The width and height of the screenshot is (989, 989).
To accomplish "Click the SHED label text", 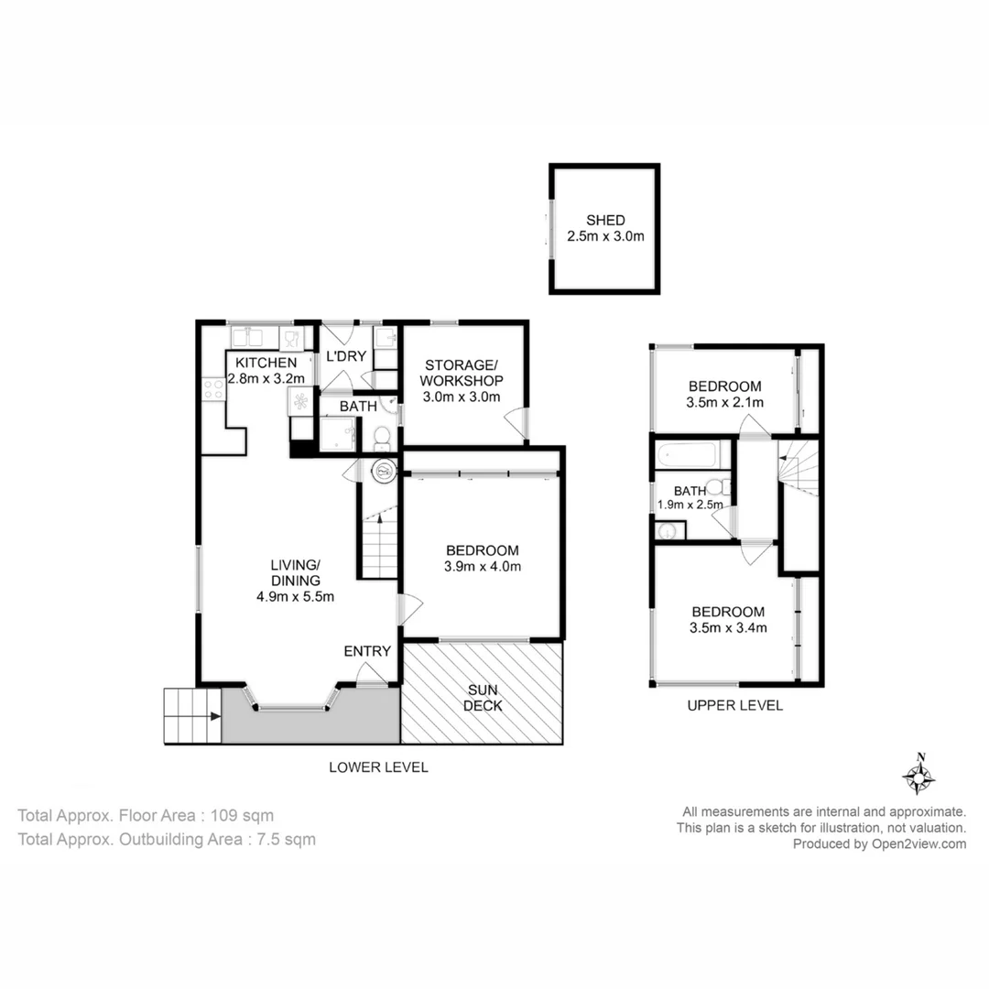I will pos(605,220).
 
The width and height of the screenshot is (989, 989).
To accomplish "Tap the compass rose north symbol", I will pos(918,776).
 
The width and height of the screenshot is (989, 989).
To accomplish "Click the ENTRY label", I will pos(367,651).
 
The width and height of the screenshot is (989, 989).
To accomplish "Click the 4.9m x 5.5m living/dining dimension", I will pos(295,597).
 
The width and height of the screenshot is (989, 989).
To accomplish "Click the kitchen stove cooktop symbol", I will pos(213,389).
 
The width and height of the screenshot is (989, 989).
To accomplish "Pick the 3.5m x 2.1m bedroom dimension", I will pos(724,402).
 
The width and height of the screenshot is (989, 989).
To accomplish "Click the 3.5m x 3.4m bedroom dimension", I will pos(727,627).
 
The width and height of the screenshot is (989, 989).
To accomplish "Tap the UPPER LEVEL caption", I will pos(735,705).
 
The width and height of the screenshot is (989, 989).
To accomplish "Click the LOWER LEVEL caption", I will pos(378,767).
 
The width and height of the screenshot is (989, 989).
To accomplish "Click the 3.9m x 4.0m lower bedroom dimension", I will pos(483,566).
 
